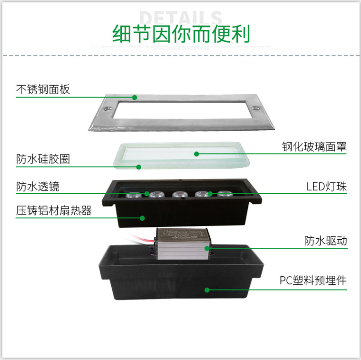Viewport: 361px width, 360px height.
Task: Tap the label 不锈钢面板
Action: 43,89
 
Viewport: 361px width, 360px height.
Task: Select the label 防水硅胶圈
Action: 43,159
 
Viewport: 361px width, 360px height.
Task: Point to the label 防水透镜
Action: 38,186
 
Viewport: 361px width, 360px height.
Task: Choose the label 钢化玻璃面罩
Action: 314,146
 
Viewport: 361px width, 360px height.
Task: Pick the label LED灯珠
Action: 326,186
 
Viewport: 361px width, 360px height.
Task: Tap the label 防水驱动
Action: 326,241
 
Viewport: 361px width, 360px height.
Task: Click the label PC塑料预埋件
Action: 312,281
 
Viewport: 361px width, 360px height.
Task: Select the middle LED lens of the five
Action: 178,194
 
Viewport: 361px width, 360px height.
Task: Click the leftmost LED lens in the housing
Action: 134,194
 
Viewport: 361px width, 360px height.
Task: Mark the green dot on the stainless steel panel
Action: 135,97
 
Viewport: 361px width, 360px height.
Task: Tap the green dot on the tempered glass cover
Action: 196,153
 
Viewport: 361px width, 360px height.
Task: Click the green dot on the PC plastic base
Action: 207,289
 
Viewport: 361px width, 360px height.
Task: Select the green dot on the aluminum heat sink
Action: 142,218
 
